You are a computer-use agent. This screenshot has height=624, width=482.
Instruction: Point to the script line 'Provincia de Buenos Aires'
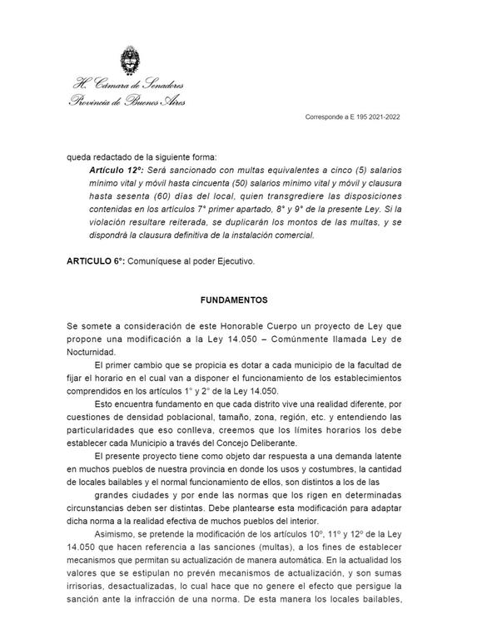pyautogui.click(x=127, y=101)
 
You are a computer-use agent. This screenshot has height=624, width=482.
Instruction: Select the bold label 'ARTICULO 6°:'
pyautogui.click(x=96, y=261)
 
